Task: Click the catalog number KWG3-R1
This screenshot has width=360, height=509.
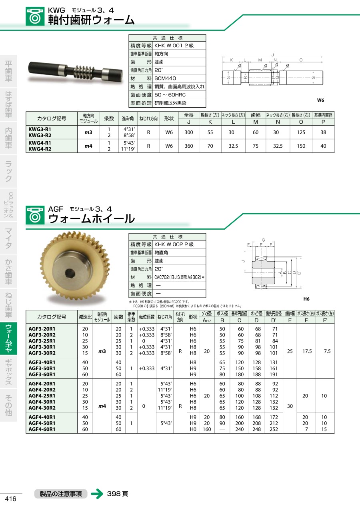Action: [40, 129]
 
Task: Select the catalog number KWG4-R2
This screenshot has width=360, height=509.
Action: [40, 149]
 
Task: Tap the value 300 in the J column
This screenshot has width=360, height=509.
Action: [189, 132]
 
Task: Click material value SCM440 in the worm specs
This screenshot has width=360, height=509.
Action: [165, 78]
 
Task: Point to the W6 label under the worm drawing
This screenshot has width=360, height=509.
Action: [320, 100]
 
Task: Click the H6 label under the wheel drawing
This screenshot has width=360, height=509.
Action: [306, 299]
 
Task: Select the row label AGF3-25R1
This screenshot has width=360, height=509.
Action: [42, 341]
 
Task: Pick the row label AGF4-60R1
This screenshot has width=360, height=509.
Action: [42, 429]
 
